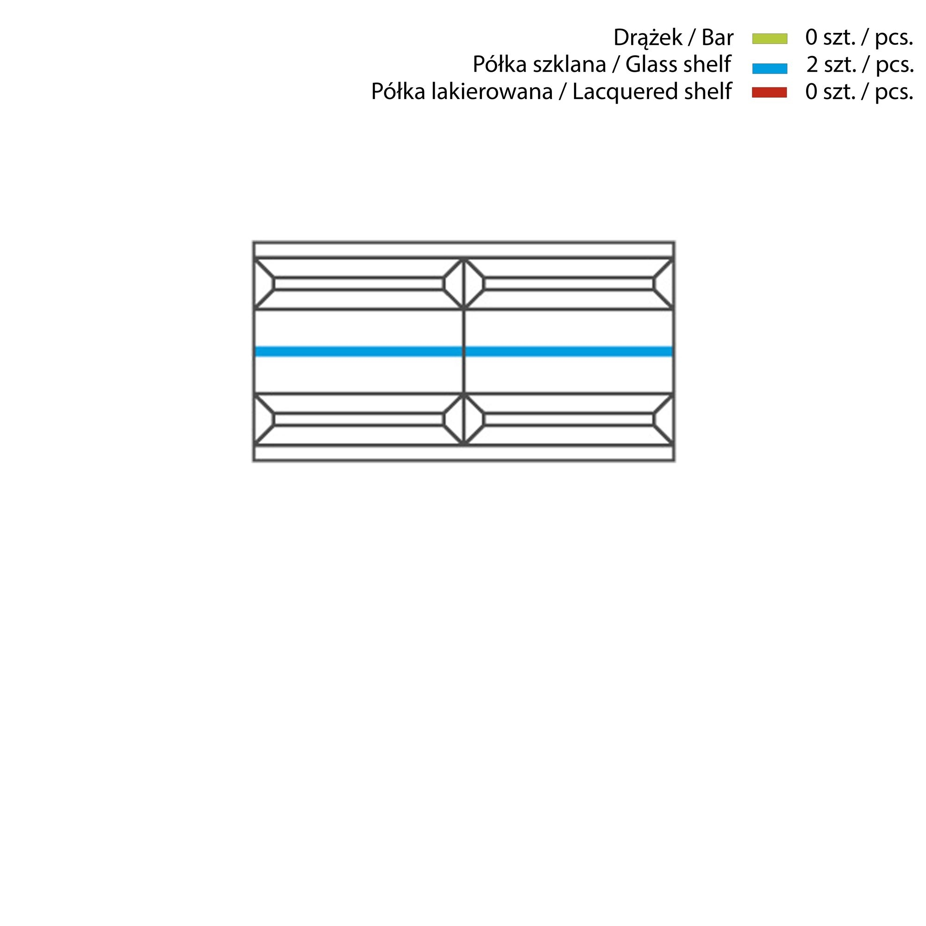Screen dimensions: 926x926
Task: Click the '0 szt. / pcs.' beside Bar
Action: pyautogui.click(x=859, y=38)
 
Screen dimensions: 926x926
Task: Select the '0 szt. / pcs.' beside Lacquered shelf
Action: pyautogui.click(x=859, y=92)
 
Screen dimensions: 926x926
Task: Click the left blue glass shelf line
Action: pyautogui.click(x=358, y=351)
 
